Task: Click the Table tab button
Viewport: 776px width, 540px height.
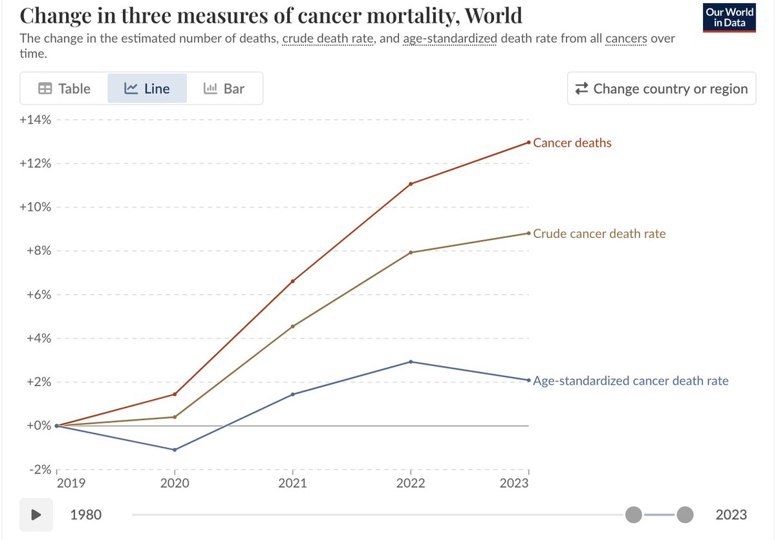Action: [x=64, y=89]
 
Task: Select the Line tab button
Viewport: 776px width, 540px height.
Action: [x=147, y=89]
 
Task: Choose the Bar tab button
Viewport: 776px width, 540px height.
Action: [x=224, y=89]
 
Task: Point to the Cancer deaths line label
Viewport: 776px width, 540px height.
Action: [x=572, y=142]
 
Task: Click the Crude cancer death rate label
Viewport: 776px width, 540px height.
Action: [x=599, y=233]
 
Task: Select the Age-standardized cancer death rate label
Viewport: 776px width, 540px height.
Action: [x=630, y=380]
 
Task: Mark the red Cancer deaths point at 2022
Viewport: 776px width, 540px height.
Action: [x=411, y=184]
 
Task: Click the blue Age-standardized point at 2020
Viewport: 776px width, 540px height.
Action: [x=175, y=449]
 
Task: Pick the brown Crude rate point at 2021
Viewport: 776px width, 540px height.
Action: [x=293, y=326]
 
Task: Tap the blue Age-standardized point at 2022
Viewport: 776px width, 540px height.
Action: [x=411, y=362]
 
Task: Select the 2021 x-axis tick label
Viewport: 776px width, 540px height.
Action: [x=293, y=483]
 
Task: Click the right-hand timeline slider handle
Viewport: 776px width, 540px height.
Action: [x=685, y=515]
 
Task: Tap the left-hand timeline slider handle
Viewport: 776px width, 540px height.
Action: [x=634, y=515]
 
